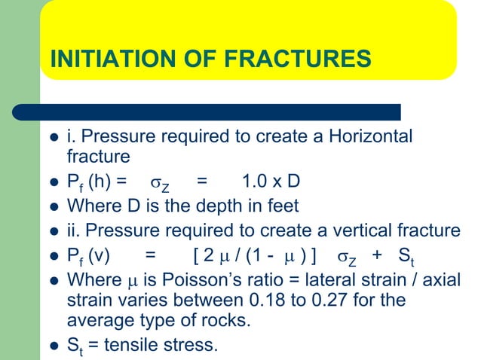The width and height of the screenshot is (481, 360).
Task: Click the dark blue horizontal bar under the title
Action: (x=219, y=112)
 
